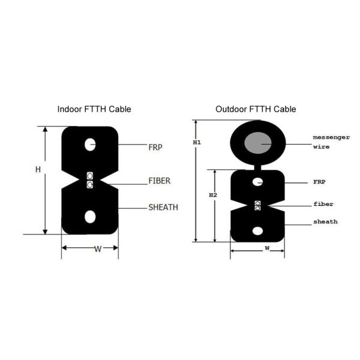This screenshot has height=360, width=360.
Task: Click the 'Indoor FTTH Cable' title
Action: coord(94,110)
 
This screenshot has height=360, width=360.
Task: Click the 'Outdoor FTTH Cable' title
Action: coord(256,110)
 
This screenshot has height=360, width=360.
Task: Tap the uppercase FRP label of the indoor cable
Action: coord(155,146)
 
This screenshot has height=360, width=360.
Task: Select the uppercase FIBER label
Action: coord(159,181)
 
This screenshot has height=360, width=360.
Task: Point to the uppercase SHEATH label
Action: coord(163,208)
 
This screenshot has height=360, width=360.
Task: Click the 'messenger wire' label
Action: coord(330,142)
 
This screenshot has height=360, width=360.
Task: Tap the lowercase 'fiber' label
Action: coord(323,204)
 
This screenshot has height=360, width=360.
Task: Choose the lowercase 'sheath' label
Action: coord(325,222)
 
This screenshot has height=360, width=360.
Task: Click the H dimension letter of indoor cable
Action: coord(37,170)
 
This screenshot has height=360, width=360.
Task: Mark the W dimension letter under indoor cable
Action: coord(97,250)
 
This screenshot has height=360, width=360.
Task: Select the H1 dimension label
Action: coord(196,143)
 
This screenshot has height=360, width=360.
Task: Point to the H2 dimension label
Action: coord(212,196)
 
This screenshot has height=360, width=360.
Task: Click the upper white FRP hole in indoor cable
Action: coord(90,145)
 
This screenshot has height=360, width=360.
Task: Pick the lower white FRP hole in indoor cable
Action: coord(90,215)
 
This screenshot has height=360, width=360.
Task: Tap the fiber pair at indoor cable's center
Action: coord(90,180)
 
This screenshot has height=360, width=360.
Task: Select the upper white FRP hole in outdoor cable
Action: coord(257,181)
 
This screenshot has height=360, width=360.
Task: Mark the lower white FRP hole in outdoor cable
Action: coord(257,229)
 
